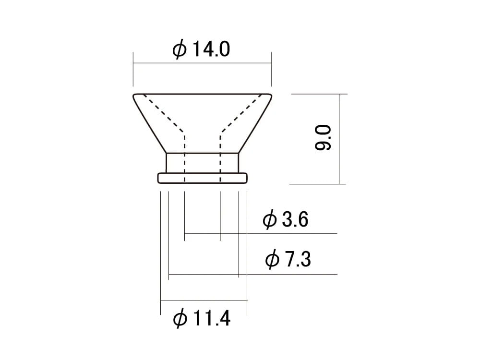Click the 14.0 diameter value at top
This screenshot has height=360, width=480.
[x=211, y=49]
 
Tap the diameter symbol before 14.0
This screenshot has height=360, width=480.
[x=179, y=49]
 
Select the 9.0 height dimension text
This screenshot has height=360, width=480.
[x=323, y=138]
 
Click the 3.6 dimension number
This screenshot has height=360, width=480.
[x=295, y=220]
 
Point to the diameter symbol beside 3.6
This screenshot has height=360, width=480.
[x=270, y=220]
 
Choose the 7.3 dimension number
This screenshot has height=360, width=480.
[x=298, y=260]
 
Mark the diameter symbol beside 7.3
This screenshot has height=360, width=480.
[x=272, y=260]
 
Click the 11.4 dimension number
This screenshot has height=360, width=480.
[x=211, y=318]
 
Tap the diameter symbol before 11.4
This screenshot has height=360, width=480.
[x=179, y=319]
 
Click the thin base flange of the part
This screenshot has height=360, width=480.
[x=203, y=178]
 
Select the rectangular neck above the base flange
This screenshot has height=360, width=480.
[x=203, y=163]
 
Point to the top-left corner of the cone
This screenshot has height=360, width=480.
[x=134, y=95]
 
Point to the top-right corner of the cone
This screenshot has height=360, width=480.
[x=271, y=95]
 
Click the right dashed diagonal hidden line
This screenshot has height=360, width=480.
[x=241, y=112]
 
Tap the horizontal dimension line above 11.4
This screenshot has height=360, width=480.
[x=204, y=300]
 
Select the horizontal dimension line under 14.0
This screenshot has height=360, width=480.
[x=202, y=63]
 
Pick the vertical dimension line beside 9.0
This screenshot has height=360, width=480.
[x=340, y=139]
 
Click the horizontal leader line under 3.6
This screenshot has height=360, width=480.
[x=288, y=233]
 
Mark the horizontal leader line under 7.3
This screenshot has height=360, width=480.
[x=288, y=275]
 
